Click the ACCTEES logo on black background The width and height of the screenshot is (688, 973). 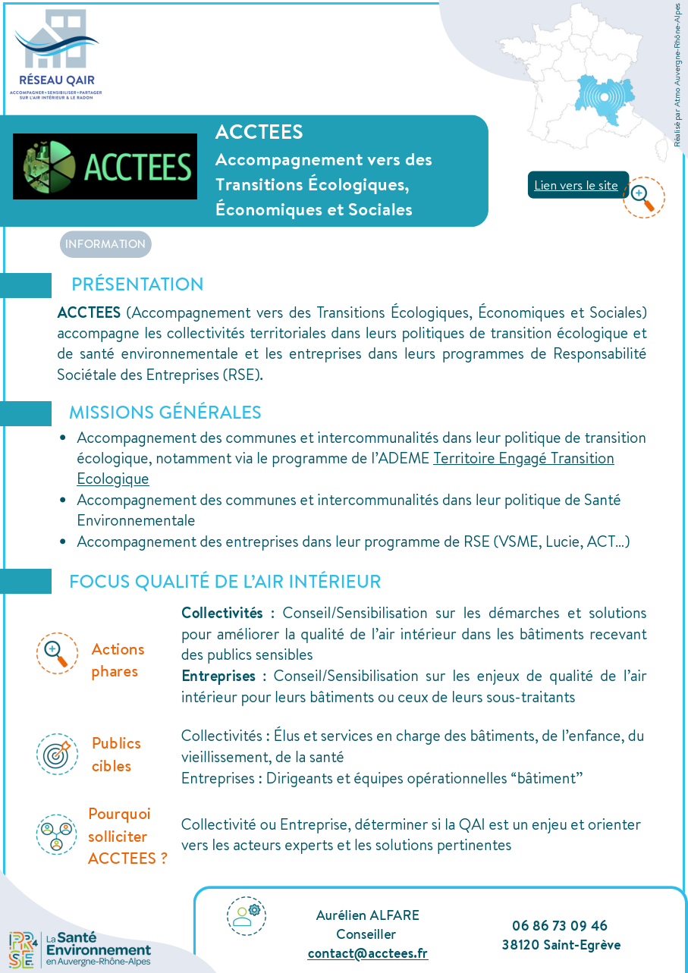pyautogui.click(x=105, y=166)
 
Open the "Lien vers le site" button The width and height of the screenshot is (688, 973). pyautogui.click(x=576, y=185)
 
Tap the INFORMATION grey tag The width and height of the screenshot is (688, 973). pyautogui.click(x=105, y=244)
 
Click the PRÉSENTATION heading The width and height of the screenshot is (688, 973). pyautogui.click(x=137, y=284)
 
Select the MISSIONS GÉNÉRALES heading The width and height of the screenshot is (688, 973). pyautogui.click(x=165, y=413)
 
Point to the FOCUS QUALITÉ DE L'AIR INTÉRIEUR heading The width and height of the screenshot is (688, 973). pyautogui.click(x=225, y=582)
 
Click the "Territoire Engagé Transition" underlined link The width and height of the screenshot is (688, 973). pyautogui.click(x=523, y=458)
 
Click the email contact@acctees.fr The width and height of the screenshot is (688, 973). pyautogui.click(x=367, y=953)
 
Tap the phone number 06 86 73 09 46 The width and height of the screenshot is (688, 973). pyautogui.click(x=560, y=925)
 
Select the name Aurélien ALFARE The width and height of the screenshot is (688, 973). pyautogui.click(x=367, y=915)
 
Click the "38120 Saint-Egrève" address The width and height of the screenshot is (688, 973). pyautogui.click(x=561, y=945)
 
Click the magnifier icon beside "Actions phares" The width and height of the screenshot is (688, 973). pyautogui.click(x=57, y=653)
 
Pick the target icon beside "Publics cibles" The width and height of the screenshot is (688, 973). pyautogui.click(x=57, y=754)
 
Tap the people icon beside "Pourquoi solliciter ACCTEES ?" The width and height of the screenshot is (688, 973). pyautogui.click(x=57, y=834)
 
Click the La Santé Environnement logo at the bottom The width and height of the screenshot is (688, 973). pyautogui.click(x=80, y=949)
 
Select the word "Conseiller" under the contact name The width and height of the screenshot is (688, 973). pyautogui.click(x=366, y=934)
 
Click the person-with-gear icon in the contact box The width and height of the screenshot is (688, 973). pyautogui.click(x=246, y=915)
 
